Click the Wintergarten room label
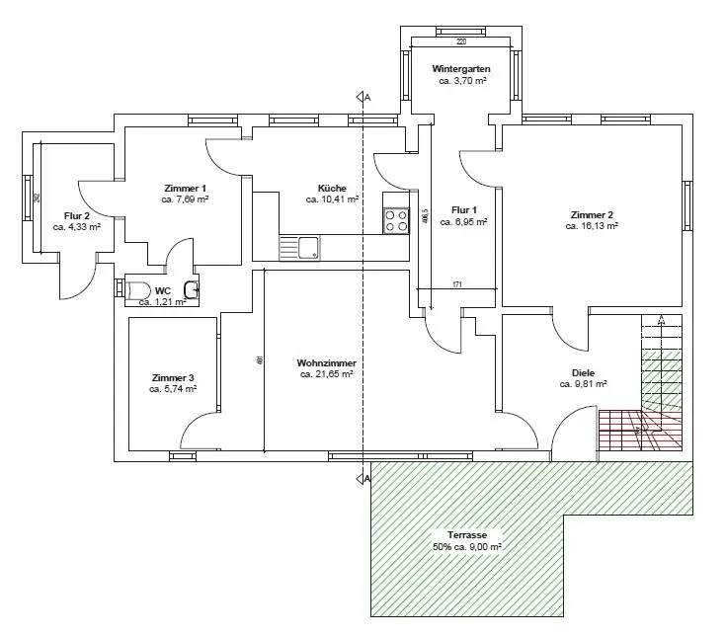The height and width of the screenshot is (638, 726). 461,69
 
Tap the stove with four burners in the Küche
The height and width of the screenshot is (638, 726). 396,220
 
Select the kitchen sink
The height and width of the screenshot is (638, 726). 307,247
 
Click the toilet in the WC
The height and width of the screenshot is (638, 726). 137,289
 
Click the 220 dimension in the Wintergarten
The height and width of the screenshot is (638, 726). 461,42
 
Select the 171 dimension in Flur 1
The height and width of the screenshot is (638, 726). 456,285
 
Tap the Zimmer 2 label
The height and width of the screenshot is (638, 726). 592,214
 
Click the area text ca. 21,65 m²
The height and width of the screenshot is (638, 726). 327,375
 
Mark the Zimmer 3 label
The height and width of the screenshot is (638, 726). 173,378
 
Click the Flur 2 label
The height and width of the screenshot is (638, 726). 77,215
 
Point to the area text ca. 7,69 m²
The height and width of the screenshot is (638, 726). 185,199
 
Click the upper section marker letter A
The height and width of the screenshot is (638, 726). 366,98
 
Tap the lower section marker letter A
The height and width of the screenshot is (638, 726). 366,479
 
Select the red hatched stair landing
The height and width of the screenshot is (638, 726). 639,430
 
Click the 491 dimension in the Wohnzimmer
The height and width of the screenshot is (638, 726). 260,360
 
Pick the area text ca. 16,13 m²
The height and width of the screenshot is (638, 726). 592,226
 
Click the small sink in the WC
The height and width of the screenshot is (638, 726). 193,288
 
